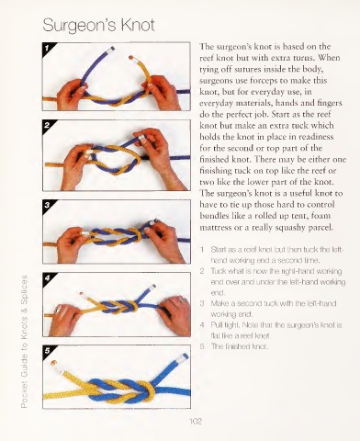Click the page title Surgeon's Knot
point(98,25)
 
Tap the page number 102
point(196,422)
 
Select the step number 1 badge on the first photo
point(47,48)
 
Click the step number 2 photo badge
point(47,125)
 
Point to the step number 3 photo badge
point(47,205)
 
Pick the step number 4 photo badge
point(47,277)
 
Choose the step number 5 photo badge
point(47,351)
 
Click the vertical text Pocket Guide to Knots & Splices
point(24,342)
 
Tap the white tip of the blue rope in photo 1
point(112,49)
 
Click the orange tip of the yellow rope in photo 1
point(131,57)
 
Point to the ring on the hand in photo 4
point(184,300)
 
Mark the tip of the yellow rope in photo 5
point(54,363)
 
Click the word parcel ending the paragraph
point(321,228)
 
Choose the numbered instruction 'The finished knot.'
point(240,346)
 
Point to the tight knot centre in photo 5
point(148,390)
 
